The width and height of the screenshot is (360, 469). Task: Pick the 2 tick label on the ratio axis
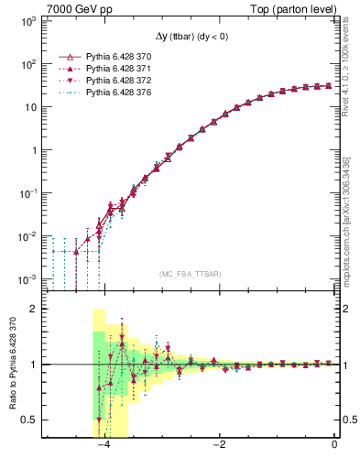[x=38, y=309]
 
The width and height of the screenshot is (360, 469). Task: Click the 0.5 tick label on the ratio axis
[x=35, y=420]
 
